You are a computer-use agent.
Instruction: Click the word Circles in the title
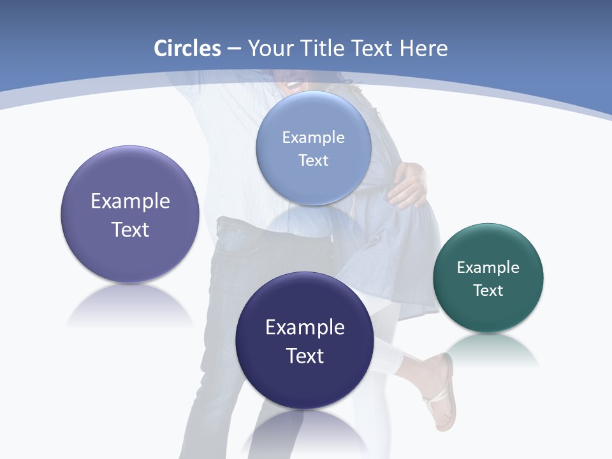click(187, 48)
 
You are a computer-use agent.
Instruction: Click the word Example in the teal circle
click(488, 267)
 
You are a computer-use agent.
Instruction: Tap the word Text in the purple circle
click(130, 229)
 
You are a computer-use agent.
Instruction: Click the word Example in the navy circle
click(305, 327)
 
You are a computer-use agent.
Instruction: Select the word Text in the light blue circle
click(313, 160)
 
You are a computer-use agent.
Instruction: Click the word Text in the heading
click(373, 48)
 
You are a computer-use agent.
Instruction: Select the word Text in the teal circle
click(488, 290)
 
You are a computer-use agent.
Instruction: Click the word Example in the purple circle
click(130, 201)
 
